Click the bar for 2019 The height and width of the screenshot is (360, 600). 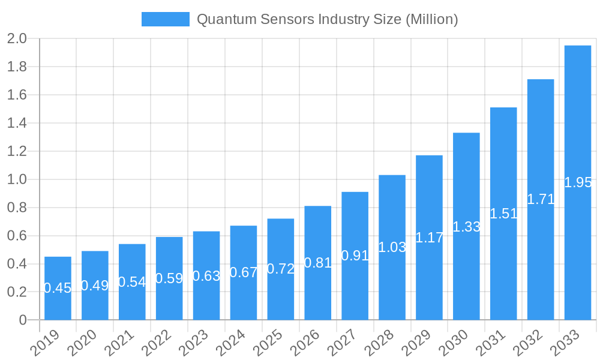58,289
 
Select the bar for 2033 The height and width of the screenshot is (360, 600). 578,182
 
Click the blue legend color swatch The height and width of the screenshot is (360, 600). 165,19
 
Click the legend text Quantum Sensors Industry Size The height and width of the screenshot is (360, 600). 327,19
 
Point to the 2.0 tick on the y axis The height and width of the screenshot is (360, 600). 17,39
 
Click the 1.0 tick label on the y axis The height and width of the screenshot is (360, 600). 17,179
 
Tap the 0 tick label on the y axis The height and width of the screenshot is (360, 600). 23,320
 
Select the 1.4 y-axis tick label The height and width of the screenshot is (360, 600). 17,124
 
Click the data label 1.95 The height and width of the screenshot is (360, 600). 578,183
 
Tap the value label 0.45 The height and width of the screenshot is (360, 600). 58,288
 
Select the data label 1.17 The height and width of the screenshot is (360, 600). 430,238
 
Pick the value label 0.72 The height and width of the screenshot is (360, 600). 281,269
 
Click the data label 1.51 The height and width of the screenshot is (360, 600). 503,214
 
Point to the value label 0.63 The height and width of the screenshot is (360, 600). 206,276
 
